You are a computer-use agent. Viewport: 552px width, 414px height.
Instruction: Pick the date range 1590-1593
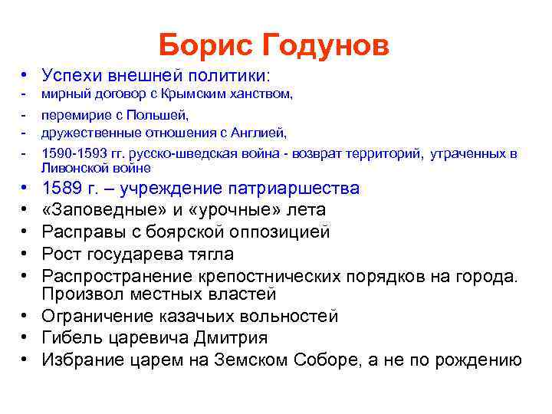(74, 153)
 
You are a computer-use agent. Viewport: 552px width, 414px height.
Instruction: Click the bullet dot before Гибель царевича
(25, 338)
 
